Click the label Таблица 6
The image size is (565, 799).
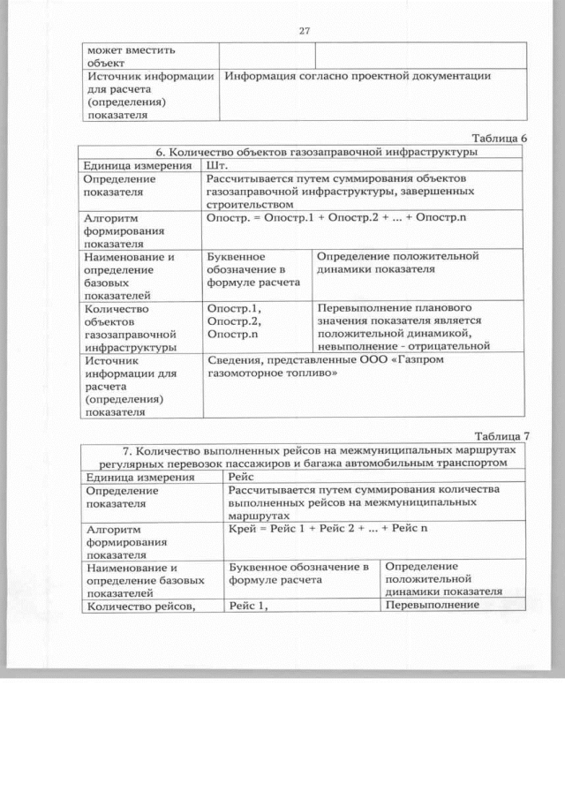pyautogui.click(x=498, y=138)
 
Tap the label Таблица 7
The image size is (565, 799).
pyautogui.click(x=500, y=435)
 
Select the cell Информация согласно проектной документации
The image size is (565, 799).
pyautogui.click(x=358, y=76)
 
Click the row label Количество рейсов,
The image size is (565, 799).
pyautogui.click(x=140, y=605)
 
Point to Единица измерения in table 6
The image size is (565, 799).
pyautogui.click(x=137, y=165)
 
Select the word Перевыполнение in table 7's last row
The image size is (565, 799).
pyautogui.click(x=432, y=605)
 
